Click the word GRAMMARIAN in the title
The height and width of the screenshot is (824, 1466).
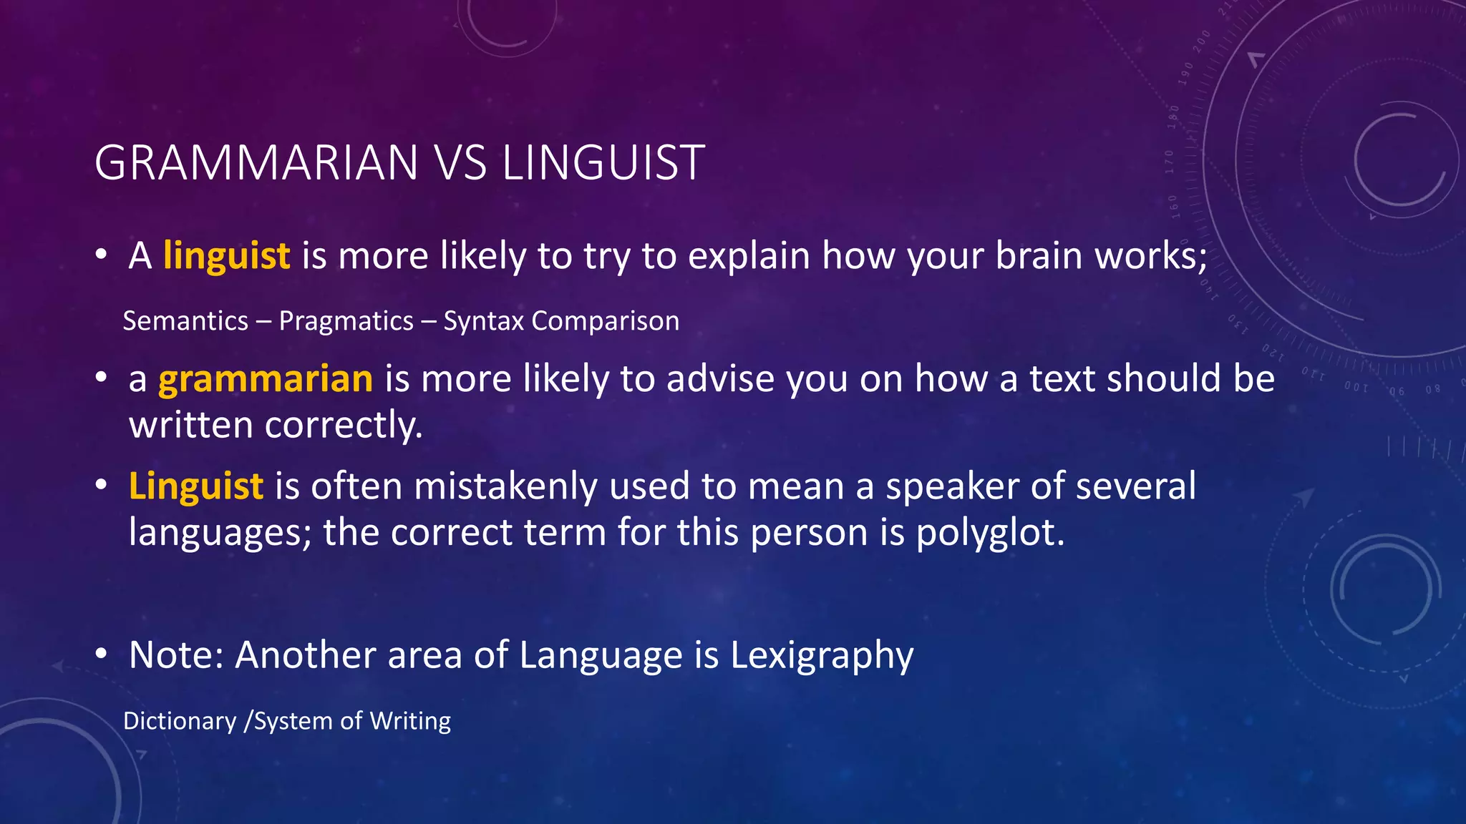pyautogui.click(x=256, y=163)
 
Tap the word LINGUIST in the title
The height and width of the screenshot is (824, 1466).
pyautogui.click(x=603, y=163)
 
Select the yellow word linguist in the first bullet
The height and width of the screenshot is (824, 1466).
pyautogui.click(x=226, y=255)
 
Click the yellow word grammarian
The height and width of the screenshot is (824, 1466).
pyautogui.click(x=266, y=378)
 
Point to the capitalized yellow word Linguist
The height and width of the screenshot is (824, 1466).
pyautogui.click(x=196, y=486)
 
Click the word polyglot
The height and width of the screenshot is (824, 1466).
pyautogui.click(x=990, y=533)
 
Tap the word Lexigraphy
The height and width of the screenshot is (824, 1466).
pyautogui.click(x=822, y=655)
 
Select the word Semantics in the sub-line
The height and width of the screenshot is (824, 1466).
pyautogui.click(x=185, y=321)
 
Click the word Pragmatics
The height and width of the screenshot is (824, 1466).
pyautogui.click(x=346, y=321)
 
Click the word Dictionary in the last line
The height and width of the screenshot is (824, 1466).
pyautogui.click(x=180, y=721)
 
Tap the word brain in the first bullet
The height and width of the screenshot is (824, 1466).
pyautogui.click(x=1038, y=255)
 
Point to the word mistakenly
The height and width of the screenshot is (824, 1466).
pyautogui.click(x=505, y=486)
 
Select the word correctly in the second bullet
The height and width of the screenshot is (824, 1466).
pyautogui.click(x=344, y=426)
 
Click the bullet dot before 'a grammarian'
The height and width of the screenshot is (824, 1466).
pyautogui.click(x=102, y=377)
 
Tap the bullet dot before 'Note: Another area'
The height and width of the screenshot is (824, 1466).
pyautogui.click(x=102, y=653)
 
